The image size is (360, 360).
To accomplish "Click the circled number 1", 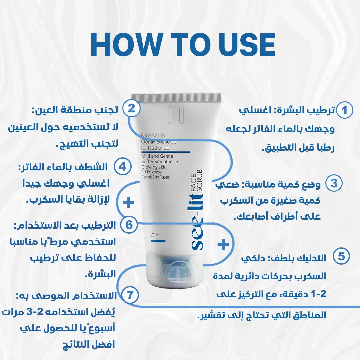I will point(344,110).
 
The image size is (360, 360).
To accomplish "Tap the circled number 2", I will point(131,109).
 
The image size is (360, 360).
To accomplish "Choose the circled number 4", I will point(122,166).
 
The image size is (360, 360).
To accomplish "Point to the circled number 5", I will point(341,256).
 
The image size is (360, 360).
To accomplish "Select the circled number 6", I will point(129,225).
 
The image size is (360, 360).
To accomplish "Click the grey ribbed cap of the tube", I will point(176,98).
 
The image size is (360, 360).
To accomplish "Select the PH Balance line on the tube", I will point(151,172).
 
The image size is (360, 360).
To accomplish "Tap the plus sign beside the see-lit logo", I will point(223,245).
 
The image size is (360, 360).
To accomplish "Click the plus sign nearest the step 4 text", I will point(128,202).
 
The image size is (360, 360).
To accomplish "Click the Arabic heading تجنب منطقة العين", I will point(75,110).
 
